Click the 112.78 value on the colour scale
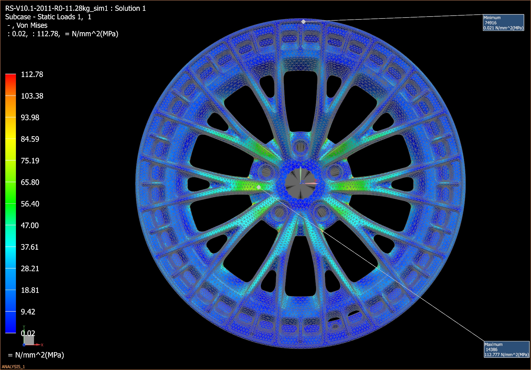coord(32,75)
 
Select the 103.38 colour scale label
coord(32,96)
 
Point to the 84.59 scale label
coord(30,139)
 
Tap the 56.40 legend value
coord(30,204)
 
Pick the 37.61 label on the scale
coord(30,247)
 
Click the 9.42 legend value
coord(28,312)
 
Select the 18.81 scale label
coord(30,290)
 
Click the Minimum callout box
coord(503,23)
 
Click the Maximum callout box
coord(506,349)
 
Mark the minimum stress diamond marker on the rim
coord(304,22)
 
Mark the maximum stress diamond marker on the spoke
coord(259,187)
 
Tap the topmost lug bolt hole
coord(300,147)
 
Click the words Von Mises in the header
coord(32,25)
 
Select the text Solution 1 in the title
coord(130,9)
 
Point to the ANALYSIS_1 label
coord(13,367)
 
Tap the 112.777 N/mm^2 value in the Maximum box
coord(506,355)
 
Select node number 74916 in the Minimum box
coord(491,23)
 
